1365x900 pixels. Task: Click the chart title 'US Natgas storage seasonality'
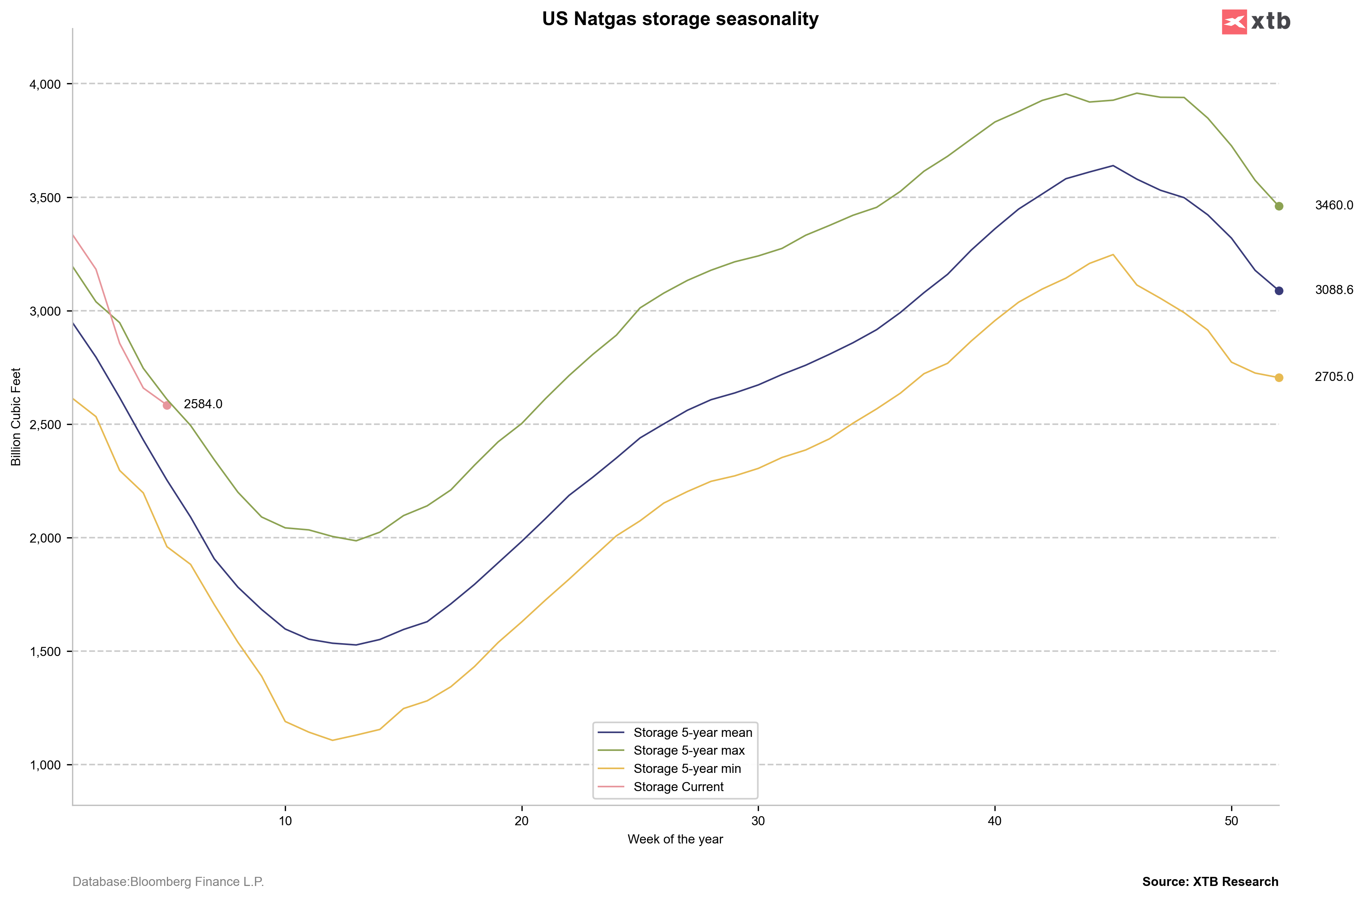coord(680,19)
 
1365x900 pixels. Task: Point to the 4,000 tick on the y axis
coord(45,84)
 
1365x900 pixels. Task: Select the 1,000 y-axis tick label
coord(45,765)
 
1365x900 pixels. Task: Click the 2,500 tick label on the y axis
coord(45,425)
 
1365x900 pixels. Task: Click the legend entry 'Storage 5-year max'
coord(688,751)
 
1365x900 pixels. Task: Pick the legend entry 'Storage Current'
coord(678,787)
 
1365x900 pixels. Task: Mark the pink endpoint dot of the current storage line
coord(167,405)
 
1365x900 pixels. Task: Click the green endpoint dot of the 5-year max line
coord(1279,206)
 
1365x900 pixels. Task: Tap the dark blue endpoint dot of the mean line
coord(1279,291)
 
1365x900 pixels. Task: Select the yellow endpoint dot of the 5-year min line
coord(1279,378)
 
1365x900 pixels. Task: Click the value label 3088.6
coord(1334,290)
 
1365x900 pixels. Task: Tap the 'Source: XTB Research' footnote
coord(1210,882)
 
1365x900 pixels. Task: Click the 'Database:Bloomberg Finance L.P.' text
coord(168,882)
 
